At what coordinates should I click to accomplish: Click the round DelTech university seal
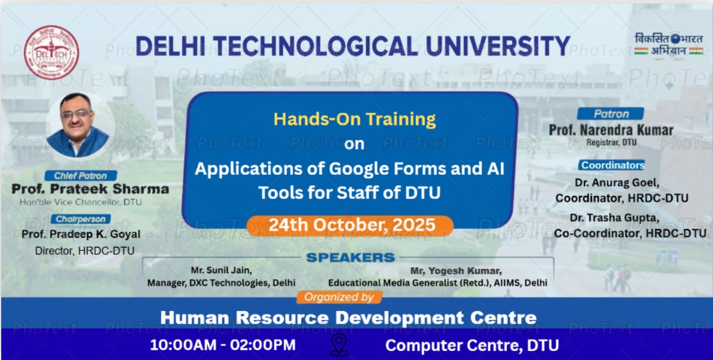pos(51,52)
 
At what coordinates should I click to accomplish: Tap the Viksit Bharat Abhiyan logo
pos(668,46)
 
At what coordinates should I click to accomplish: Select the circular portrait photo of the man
pos(78,125)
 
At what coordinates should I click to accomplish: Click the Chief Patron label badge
pos(81,175)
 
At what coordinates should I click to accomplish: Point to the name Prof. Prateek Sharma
pos(90,189)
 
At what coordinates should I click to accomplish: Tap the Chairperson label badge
pos(81,219)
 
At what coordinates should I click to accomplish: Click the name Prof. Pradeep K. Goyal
pos(81,235)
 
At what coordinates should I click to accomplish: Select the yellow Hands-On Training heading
pos(354,119)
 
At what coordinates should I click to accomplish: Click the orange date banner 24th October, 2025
pos(350,226)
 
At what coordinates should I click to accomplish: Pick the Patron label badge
pos(611,114)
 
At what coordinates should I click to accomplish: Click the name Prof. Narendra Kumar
pos(611,130)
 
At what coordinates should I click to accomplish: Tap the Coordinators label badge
pos(612,165)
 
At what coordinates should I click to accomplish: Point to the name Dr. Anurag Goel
pos(617,183)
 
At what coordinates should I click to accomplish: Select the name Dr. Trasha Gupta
pos(614,218)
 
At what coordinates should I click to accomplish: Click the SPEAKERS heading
pos(350,257)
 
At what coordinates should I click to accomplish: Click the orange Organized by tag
pos(339,297)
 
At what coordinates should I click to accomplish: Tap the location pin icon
pos(339,344)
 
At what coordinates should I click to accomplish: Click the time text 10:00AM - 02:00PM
pos(223,344)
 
